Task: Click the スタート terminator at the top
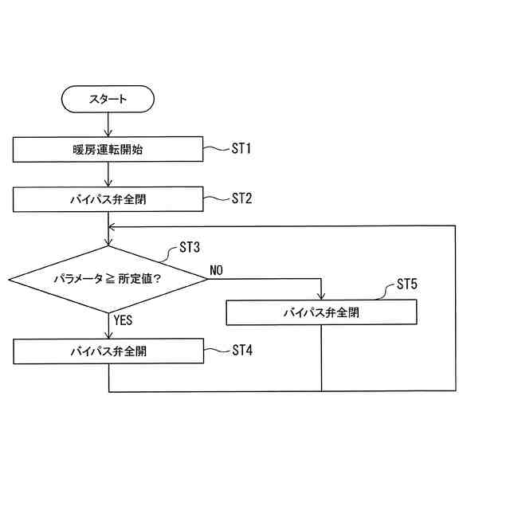pos(107,100)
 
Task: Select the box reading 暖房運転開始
pos(107,149)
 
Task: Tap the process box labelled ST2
pos(107,199)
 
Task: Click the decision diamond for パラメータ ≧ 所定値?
pos(107,279)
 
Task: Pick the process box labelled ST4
pos(107,351)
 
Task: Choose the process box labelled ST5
pos(321,312)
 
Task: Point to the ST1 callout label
pos(241,148)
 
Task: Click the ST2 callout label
pos(241,198)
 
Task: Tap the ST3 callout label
pos(190,247)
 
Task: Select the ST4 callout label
pos(241,350)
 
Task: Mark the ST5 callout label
pos(406,284)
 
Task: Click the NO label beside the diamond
pos(216,270)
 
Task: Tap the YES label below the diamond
pos(123,320)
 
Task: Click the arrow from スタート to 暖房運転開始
pos(108,124)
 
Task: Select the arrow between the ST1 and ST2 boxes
pos(108,175)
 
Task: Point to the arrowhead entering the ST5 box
pos(321,295)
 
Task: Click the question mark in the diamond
pos(157,279)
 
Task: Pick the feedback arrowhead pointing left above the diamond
pos(113,226)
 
